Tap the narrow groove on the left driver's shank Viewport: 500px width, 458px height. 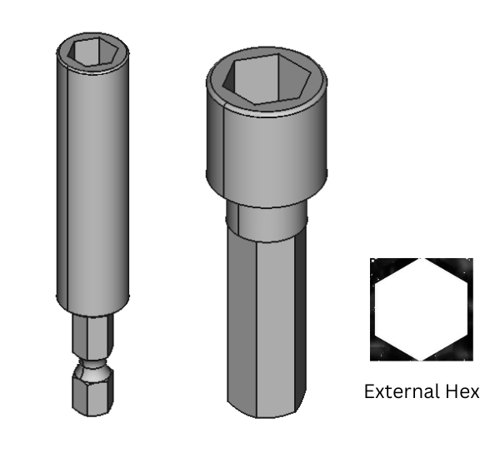point(92,366)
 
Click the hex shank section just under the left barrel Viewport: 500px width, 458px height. point(92,337)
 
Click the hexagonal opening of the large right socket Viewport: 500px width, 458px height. point(267,81)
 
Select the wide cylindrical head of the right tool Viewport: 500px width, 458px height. point(267,150)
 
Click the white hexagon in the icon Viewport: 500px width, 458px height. point(422,309)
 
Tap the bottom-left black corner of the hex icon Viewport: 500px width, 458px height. point(381,351)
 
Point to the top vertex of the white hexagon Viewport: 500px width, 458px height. point(422,260)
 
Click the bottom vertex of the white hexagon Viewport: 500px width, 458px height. point(422,359)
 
